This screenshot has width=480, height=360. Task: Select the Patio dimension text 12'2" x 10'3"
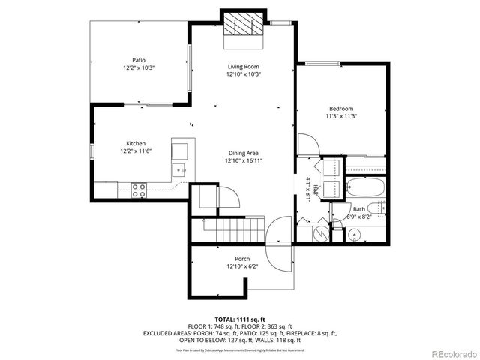point(139,67)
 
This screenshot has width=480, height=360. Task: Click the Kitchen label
point(136,143)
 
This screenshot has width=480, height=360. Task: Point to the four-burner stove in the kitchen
point(139,190)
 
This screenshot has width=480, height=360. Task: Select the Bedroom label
point(340,108)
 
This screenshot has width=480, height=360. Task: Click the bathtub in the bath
point(364,187)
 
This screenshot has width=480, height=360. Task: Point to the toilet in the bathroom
point(380,209)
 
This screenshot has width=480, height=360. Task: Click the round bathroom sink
point(353,235)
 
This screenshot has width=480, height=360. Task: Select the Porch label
point(243,259)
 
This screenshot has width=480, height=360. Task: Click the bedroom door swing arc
point(306,145)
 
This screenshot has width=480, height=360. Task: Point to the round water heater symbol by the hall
point(319,233)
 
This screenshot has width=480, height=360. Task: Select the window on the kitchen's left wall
point(91,152)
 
